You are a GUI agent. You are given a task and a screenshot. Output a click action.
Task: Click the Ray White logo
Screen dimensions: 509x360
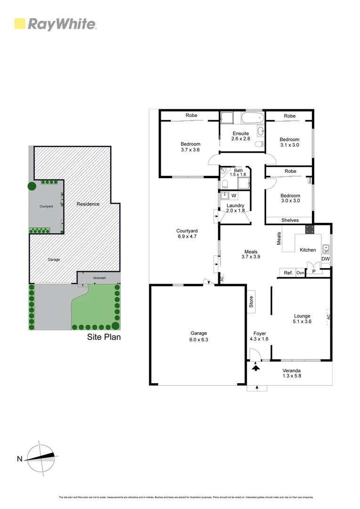[56, 24]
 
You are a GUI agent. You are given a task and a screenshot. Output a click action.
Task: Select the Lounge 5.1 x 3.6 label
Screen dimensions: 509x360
[302, 319]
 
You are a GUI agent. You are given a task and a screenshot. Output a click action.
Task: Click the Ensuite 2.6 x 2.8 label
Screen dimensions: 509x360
[240, 136]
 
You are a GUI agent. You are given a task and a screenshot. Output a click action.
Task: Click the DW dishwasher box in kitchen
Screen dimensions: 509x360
[326, 259]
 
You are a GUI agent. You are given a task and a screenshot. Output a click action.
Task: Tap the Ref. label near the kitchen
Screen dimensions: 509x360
[288, 272]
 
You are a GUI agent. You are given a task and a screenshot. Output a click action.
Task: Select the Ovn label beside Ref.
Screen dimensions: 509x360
[300, 272]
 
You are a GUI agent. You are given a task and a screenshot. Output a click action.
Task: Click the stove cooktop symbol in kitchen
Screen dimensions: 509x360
[310, 230]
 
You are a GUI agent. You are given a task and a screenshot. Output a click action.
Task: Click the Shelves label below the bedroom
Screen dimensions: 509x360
[290, 220]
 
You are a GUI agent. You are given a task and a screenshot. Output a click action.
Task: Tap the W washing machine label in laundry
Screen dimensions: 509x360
[233, 195]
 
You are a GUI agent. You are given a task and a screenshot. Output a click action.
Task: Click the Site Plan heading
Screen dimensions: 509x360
[104, 337]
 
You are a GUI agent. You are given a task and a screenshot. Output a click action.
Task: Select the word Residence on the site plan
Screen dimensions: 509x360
[88, 204]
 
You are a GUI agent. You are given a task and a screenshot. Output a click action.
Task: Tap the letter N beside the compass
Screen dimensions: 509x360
[19, 459]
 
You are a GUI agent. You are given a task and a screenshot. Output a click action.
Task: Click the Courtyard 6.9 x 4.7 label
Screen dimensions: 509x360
[186, 233]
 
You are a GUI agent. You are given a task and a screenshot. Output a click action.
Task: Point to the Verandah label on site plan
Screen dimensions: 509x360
[99, 278]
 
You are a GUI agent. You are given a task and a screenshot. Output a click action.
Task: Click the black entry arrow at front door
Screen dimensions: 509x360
[256, 366]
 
